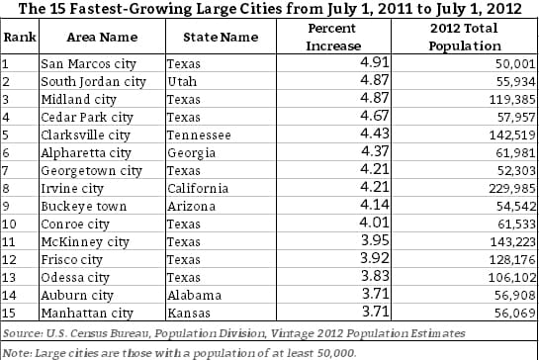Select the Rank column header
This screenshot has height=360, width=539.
point(17,36)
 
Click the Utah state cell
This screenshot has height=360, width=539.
point(185,80)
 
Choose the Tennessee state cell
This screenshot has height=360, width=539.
point(199,134)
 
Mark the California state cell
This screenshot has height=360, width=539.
point(199,187)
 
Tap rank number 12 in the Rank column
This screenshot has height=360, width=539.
point(12,258)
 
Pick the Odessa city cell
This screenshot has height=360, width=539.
point(76,276)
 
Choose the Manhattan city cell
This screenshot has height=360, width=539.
point(85,312)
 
